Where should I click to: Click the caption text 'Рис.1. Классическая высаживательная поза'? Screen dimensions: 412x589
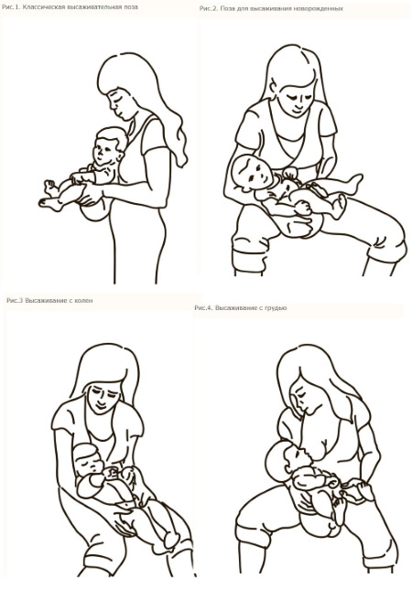(x=70, y=7)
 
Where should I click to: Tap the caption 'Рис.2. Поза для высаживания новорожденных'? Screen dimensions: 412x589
(x=271, y=8)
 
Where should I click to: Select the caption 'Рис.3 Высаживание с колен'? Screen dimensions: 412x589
(x=49, y=301)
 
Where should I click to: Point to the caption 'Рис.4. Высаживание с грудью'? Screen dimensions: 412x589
(x=241, y=307)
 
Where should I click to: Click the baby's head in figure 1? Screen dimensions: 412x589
(x=110, y=146)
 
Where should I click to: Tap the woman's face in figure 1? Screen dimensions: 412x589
(x=120, y=104)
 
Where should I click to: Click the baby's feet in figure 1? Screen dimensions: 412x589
(x=50, y=196)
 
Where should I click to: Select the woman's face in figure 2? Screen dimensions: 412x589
(x=296, y=99)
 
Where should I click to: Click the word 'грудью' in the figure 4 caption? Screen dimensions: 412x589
(x=276, y=307)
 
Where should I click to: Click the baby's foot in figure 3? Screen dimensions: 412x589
(x=170, y=541)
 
